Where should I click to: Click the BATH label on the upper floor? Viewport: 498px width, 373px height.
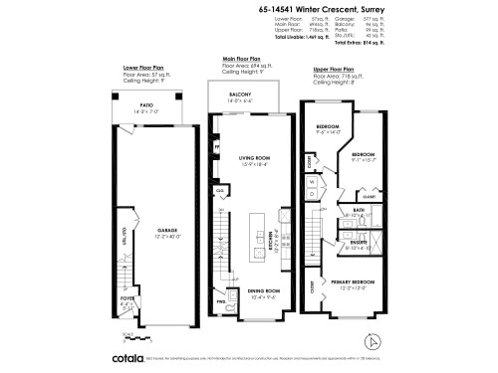click(358, 211)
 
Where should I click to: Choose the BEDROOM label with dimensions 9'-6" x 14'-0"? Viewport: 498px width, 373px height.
click(328, 127)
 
